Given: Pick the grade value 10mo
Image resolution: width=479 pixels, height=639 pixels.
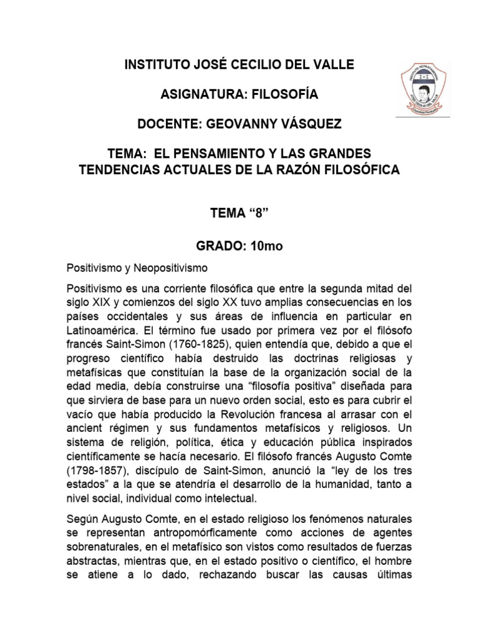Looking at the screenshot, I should (x=266, y=246).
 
